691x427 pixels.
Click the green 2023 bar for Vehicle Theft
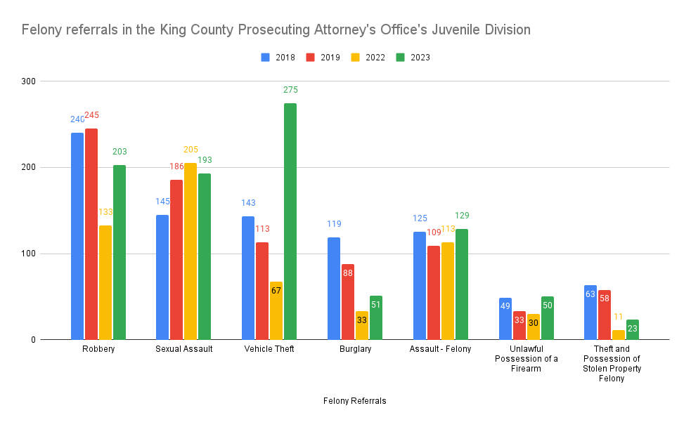[290, 221]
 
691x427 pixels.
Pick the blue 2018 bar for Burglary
[333, 289]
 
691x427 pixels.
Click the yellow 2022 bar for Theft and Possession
[619, 335]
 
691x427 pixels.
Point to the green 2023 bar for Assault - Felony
[462, 284]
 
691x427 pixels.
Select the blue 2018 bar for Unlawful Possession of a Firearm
[505, 319]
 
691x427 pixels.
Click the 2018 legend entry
[278, 58]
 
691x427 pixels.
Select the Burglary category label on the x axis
[354, 349]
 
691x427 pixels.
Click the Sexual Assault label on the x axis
[183, 349]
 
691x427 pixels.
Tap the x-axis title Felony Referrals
[354, 401]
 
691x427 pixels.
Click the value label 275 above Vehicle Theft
[290, 90]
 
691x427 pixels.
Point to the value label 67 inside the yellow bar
[276, 290]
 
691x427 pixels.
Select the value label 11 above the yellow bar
[619, 317]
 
